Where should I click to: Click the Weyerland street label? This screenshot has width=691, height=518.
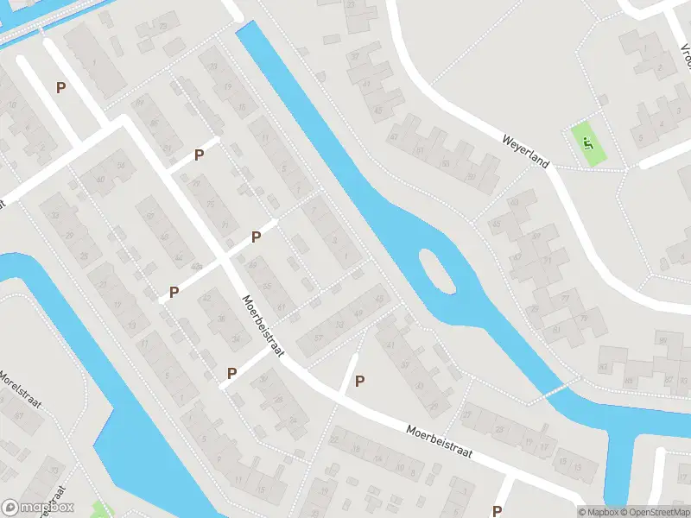527,151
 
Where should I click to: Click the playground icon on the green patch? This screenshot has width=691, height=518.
588,143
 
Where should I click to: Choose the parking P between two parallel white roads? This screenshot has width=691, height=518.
60,87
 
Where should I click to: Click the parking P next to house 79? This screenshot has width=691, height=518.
200,155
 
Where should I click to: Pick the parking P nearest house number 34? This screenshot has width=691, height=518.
231,373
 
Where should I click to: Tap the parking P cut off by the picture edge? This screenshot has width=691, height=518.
497,511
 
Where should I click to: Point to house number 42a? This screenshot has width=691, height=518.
198,266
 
